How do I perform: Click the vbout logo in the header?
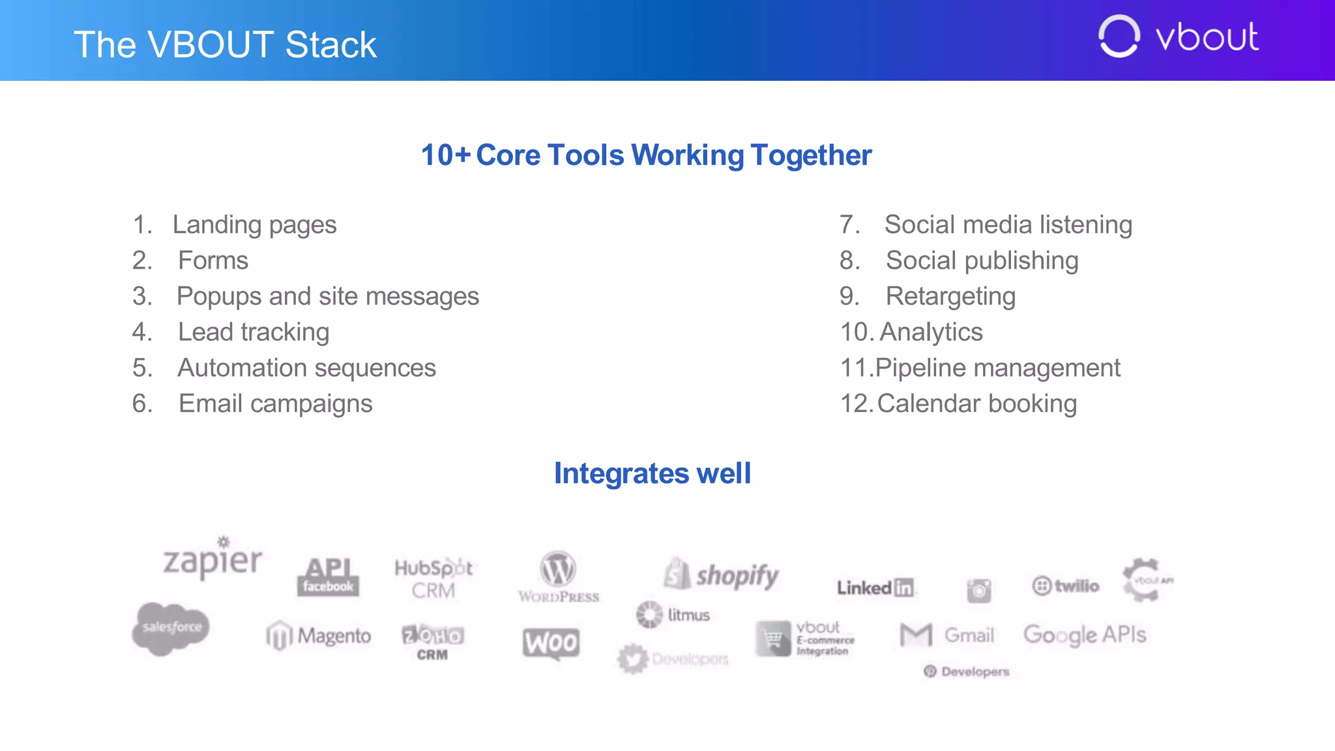click(1179, 37)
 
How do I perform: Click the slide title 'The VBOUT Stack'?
click(225, 44)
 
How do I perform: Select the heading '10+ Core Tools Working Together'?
click(646, 155)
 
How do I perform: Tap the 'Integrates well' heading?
click(652, 473)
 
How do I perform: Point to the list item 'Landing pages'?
click(254, 225)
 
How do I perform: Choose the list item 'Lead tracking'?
click(254, 332)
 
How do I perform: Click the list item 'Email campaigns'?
click(275, 404)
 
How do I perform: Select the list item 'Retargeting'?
click(950, 297)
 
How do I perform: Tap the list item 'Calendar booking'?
click(976, 404)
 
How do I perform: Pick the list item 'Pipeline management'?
click(997, 368)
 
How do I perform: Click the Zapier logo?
click(213, 559)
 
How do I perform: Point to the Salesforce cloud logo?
click(171, 628)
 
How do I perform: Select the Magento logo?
click(319, 636)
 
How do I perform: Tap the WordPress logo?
click(558, 577)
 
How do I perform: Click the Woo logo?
click(551, 643)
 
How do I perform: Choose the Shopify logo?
click(722, 575)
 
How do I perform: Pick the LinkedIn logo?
click(875, 587)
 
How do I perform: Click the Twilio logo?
click(1066, 585)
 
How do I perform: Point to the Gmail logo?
click(947, 634)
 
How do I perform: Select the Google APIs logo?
click(1085, 634)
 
